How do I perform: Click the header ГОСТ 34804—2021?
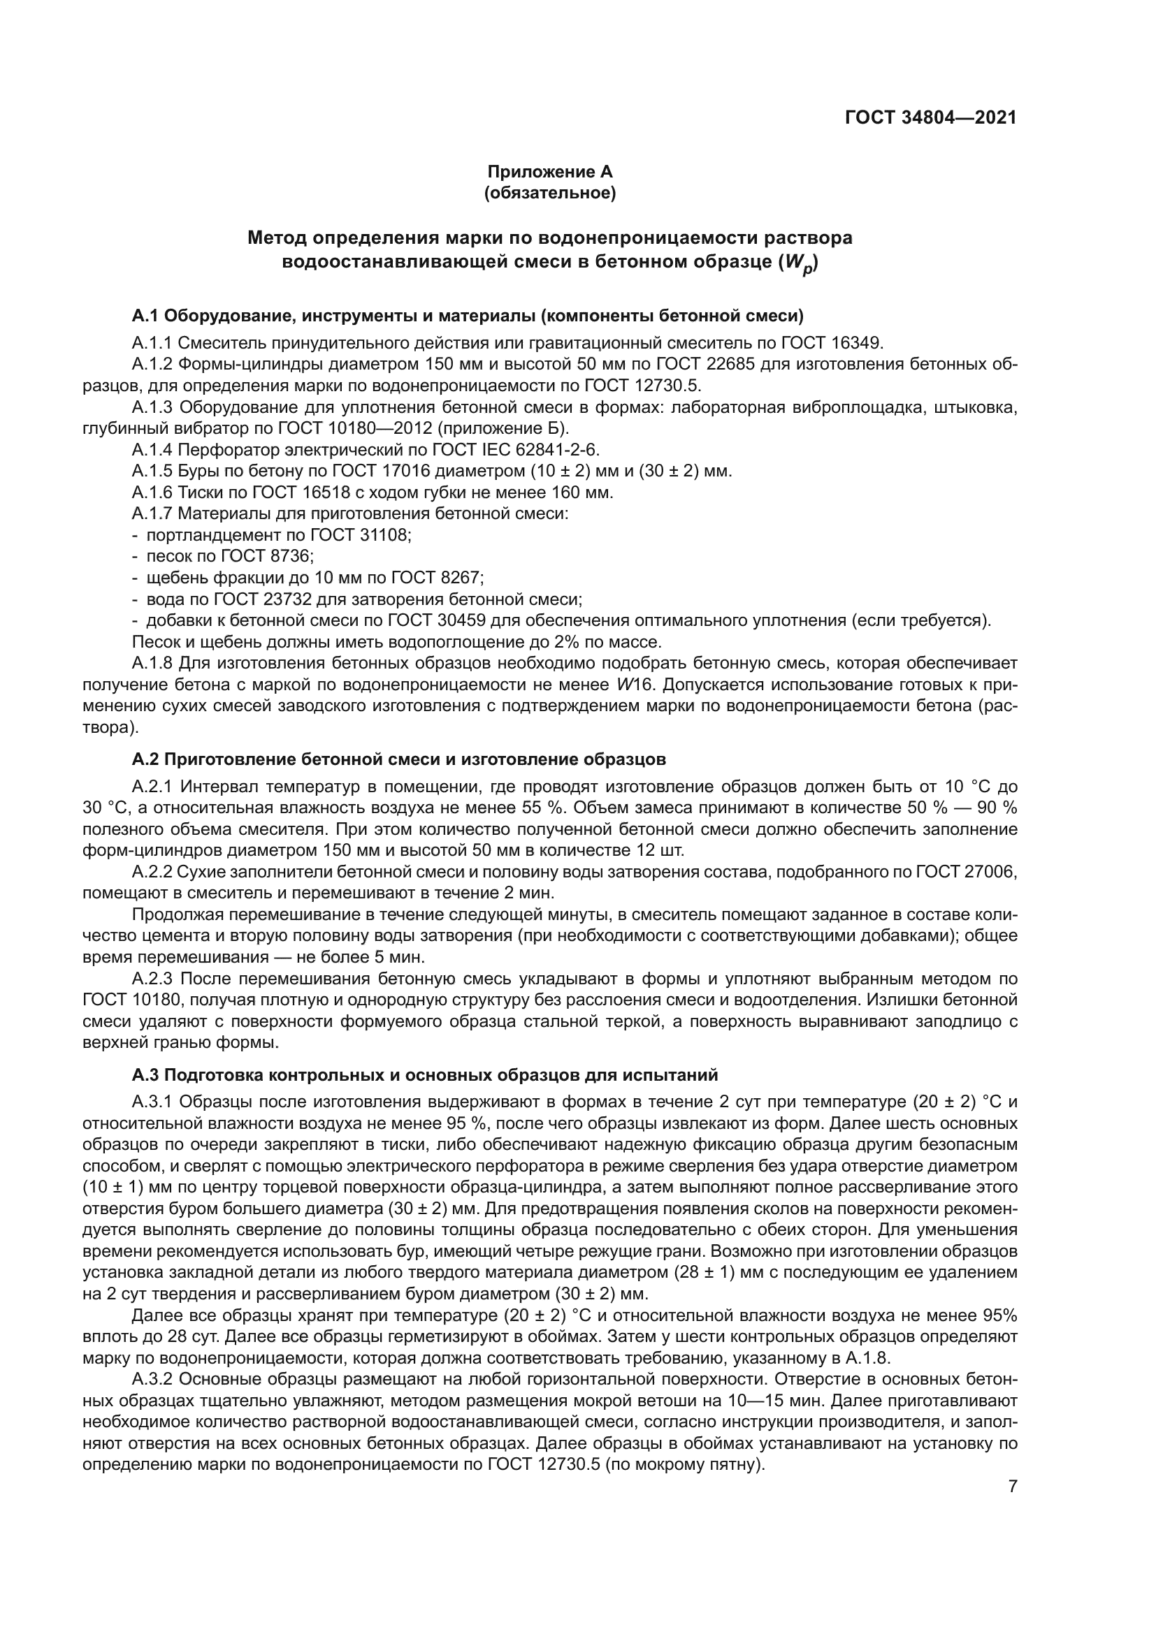(x=930, y=118)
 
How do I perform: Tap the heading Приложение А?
(x=549, y=172)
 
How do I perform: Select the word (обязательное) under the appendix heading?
(x=549, y=193)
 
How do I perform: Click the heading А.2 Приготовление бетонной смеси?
(x=398, y=759)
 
